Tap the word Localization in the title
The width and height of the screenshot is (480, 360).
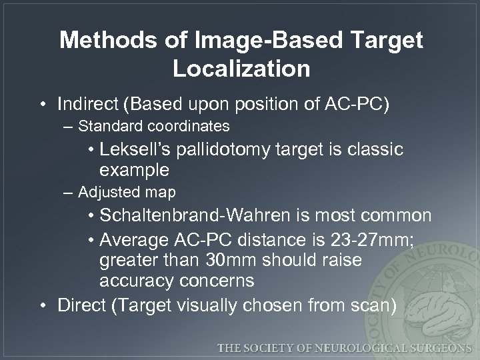(241, 69)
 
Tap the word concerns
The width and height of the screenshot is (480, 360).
(215, 281)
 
